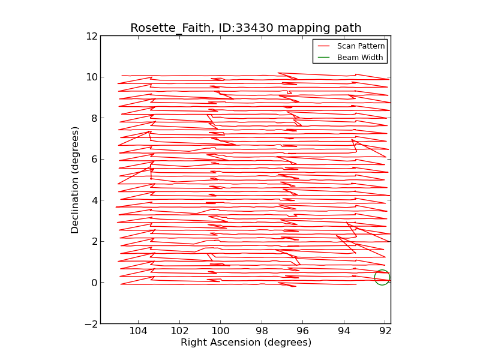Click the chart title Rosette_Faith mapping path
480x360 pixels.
pos(246,28)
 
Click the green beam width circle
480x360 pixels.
pos(382,277)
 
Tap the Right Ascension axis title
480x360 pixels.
pos(246,343)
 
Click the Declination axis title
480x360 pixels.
pos(76,179)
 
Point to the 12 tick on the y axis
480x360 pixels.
pos(92,36)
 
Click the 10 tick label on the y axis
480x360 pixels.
pos(92,77)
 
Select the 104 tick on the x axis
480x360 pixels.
pos(139,331)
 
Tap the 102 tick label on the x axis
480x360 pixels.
pos(179,331)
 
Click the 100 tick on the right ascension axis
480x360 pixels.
pos(221,331)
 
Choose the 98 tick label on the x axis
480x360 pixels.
pos(262,331)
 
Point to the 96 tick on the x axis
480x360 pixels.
pos(303,331)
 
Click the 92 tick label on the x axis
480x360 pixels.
pos(385,331)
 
